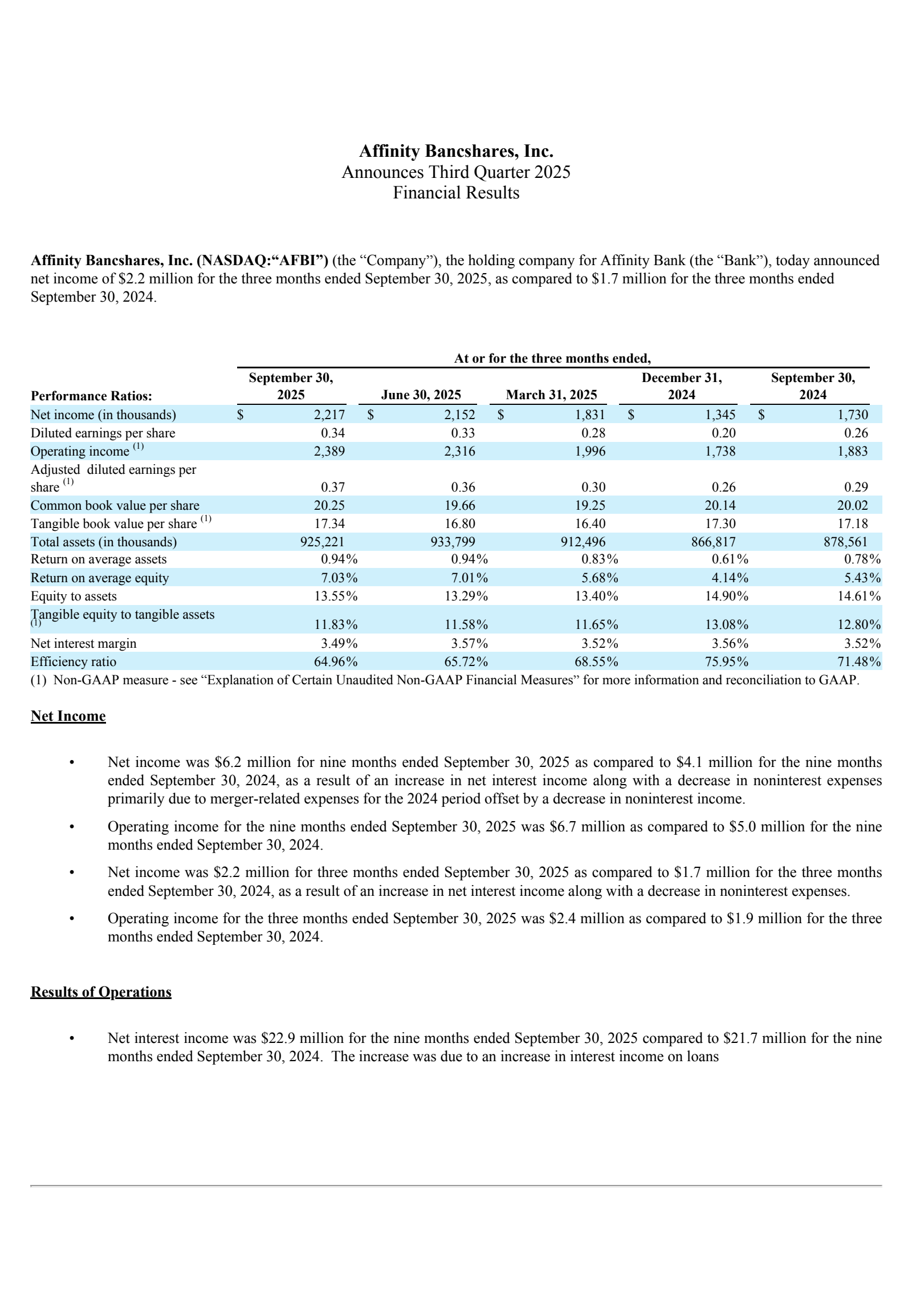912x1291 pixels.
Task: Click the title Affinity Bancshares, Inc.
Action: pyautogui.click(x=456, y=151)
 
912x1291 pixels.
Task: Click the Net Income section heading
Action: pyautogui.click(x=68, y=716)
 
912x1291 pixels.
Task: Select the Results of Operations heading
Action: pyautogui.click(x=101, y=992)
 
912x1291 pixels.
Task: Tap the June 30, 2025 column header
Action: pyautogui.click(x=421, y=395)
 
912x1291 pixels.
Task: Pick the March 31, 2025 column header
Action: pyautogui.click(x=551, y=395)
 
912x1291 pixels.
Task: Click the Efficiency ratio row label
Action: pyautogui.click(x=74, y=661)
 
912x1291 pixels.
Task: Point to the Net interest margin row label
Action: pyautogui.click(x=83, y=643)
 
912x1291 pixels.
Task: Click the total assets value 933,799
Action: pyautogui.click(x=453, y=542)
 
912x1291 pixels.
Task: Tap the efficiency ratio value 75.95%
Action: pyautogui.click(x=726, y=661)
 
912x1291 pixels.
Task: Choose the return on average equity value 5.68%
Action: pyautogui.click(x=596, y=578)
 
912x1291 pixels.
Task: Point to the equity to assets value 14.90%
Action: pyautogui.click(x=726, y=596)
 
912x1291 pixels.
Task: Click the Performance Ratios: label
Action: pyautogui.click(x=91, y=396)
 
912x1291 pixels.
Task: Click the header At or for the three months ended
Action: pyautogui.click(x=552, y=358)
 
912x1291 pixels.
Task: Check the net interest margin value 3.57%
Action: pyautogui.click(x=466, y=643)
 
